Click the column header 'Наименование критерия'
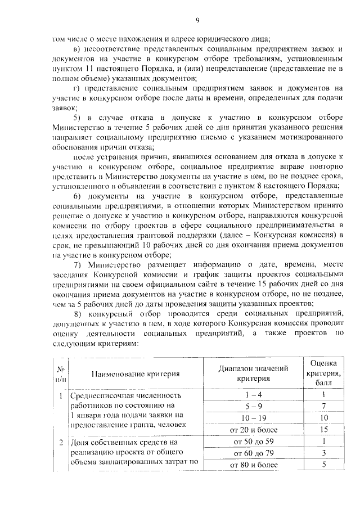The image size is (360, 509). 136,373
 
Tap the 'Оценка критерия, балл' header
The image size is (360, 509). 324,372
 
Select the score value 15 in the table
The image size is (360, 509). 324,430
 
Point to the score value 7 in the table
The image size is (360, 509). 324,406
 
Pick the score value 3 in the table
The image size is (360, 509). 324,453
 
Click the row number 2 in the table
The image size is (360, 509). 60,443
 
